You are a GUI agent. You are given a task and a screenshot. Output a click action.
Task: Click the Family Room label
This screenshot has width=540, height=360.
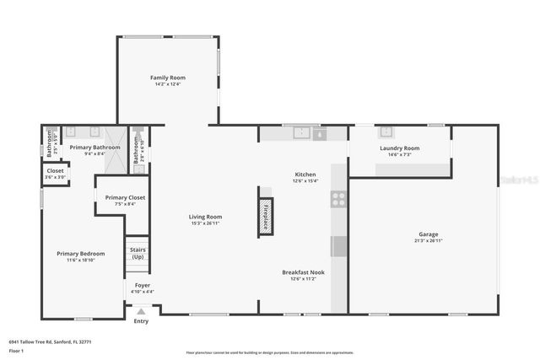[x=167, y=77]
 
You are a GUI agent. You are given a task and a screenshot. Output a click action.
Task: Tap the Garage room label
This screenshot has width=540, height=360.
[x=428, y=234]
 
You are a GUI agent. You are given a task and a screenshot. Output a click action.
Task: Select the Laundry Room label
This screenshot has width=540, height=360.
[x=399, y=148]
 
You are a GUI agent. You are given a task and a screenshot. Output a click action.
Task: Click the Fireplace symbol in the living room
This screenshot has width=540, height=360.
[x=265, y=212]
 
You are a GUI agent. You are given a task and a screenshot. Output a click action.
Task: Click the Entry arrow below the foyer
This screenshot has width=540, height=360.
[x=141, y=311]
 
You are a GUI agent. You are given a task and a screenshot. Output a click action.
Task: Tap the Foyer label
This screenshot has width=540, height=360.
[x=143, y=285]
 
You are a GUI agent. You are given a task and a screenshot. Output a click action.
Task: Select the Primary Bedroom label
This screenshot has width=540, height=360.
[x=81, y=254]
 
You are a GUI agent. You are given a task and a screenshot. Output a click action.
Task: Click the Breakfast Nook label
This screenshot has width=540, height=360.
[x=303, y=272]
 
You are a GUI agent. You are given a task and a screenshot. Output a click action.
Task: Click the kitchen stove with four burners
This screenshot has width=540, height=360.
[x=338, y=200]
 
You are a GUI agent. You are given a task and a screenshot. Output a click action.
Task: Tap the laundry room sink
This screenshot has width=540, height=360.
[x=386, y=132]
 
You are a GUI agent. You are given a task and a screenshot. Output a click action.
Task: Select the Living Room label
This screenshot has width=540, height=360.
[x=205, y=217]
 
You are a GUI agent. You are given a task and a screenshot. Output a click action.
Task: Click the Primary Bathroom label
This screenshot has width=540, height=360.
[x=94, y=148]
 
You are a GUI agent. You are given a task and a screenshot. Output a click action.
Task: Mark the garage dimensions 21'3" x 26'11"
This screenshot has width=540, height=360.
[x=428, y=240]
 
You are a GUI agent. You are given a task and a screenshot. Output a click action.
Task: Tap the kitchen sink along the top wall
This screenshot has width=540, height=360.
[x=302, y=132]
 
